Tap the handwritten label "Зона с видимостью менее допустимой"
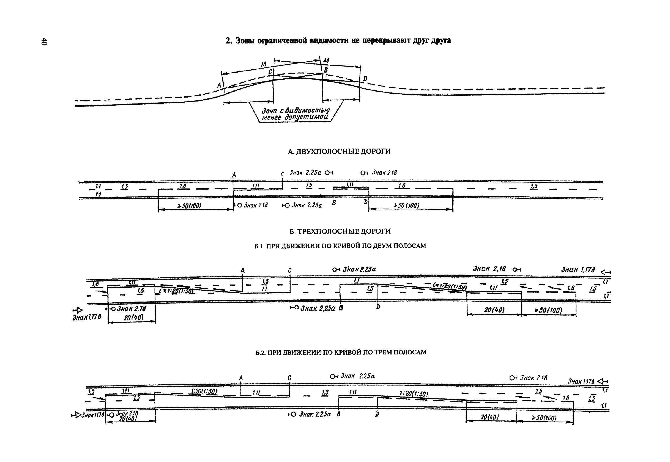[x=295, y=114]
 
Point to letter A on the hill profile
[x=219, y=85]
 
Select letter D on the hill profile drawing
[x=365, y=78]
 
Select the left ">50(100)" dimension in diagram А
[x=189, y=206]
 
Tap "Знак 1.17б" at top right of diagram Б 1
[x=578, y=270]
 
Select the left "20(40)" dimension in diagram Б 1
[x=134, y=318]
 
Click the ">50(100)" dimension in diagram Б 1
[x=548, y=310]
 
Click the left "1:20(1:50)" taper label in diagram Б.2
[x=204, y=391]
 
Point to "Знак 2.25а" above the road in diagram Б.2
[x=357, y=376]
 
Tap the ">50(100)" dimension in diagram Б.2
[x=544, y=418]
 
